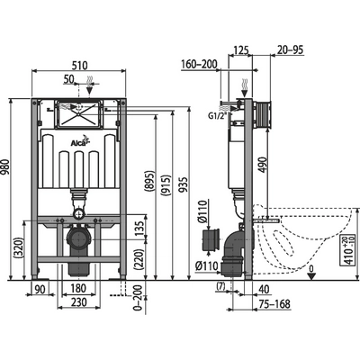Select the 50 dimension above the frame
pyautogui.click(x=69, y=79)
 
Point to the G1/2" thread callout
pyautogui.click(x=217, y=116)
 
